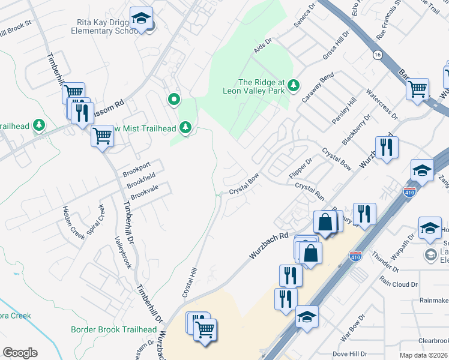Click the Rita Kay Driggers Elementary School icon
(x=142, y=19)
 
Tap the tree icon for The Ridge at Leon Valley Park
(x=294, y=84)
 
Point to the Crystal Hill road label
(x=190, y=283)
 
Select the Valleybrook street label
(x=122, y=251)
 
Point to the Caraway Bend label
(x=318, y=88)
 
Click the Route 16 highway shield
(x=376, y=55)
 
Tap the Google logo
(x=20, y=353)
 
